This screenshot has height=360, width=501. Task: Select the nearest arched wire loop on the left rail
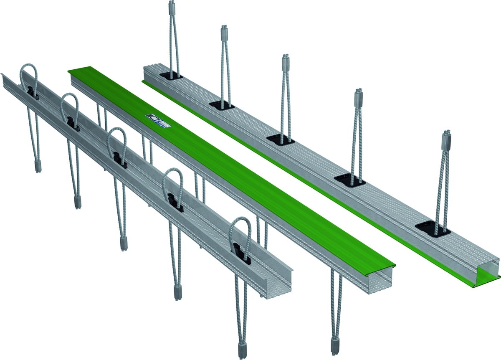click(241, 234)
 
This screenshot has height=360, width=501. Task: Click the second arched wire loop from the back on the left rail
click(69, 109)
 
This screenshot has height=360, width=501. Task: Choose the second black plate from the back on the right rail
click(221, 104)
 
